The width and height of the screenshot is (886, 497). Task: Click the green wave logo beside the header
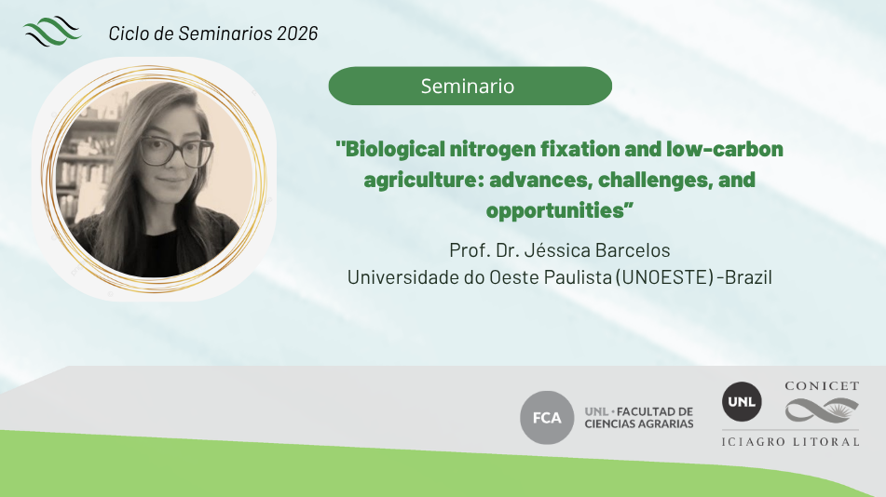coord(52,31)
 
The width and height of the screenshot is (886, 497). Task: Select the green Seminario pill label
coord(470,86)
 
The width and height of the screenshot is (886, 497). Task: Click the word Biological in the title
coord(395,150)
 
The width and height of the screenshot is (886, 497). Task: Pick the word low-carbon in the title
coord(725,149)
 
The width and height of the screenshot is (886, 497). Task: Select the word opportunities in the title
coord(555,210)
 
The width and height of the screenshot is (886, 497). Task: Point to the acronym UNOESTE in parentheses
coord(664,277)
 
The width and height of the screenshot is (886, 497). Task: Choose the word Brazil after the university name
coord(748,277)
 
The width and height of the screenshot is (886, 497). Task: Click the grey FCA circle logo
coord(547,417)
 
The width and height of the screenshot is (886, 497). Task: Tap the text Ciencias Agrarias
coord(639,424)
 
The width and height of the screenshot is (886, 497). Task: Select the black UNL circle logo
coord(742,401)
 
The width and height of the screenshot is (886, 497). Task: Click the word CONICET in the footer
coord(822,386)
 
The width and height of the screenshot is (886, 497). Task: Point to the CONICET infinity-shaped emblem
coord(822,410)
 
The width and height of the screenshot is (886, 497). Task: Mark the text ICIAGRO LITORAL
coord(791,442)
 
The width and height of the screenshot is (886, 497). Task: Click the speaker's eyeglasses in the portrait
coord(176,152)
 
